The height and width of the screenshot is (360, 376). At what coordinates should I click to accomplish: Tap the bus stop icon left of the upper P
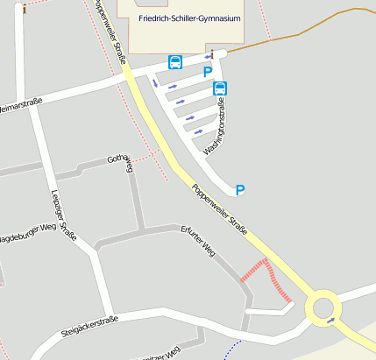click(175, 62)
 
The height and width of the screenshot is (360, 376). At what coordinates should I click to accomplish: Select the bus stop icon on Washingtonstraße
click(220, 88)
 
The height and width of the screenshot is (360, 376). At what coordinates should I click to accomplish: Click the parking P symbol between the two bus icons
click(208, 73)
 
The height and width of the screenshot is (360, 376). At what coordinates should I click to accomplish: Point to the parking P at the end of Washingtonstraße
click(240, 189)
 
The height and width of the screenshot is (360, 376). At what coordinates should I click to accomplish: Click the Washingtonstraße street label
click(215, 127)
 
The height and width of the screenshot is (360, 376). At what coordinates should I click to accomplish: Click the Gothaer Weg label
click(119, 163)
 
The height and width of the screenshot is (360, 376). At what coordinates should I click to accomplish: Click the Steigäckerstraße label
click(89, 326)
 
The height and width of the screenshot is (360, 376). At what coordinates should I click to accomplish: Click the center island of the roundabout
click(323, 307)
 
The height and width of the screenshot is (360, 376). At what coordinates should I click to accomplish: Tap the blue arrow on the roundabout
click(330, 321)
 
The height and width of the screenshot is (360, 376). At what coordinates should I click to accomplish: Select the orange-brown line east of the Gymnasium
click(298, 26)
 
